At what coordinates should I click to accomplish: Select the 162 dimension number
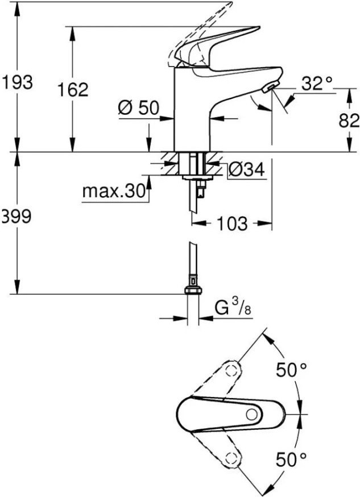coord(73,90)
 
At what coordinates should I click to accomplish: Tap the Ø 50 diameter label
coord(138,108)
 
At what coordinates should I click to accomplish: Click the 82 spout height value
coord(349,121)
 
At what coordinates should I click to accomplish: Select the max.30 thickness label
coord(114,191)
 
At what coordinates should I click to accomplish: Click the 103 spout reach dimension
coord(231,223)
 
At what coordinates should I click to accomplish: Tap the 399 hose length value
coord(16,217)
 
